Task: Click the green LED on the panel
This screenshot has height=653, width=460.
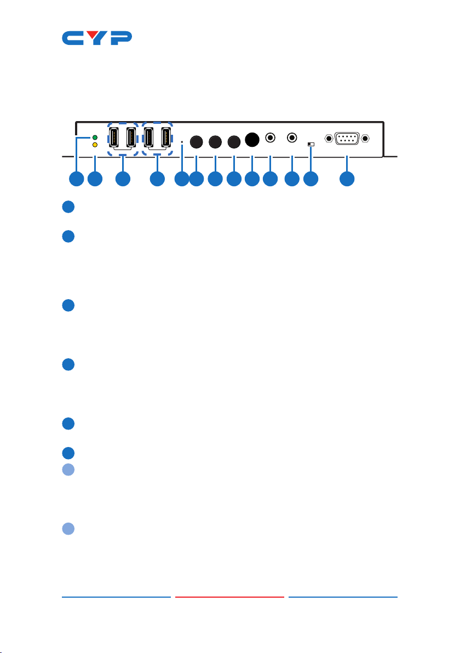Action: tap(95, 138)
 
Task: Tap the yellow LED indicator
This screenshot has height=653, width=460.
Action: tap(95, 145)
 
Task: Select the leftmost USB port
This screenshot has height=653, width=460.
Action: tap(114, 137)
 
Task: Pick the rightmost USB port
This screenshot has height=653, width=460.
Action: tap(166, 137)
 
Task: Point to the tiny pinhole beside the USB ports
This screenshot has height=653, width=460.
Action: tap(182, 142)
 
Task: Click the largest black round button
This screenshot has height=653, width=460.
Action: tap(252, 140)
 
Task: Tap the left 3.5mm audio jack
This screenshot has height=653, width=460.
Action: tap(271, 137)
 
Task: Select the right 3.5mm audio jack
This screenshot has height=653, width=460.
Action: tap(292, 137)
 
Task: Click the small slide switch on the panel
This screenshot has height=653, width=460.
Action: tap(311, 144)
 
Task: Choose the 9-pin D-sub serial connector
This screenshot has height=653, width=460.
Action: tap(347, 138)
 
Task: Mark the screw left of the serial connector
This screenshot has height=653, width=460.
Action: tap(329, 138)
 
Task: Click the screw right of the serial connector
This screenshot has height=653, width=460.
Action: tap(365, 138)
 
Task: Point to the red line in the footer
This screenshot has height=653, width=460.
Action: tap(229, 597)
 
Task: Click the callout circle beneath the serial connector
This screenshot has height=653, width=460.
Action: tap(347, 179)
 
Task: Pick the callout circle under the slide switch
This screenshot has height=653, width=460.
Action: tap(311, 179)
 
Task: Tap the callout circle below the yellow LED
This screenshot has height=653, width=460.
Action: tap(95, 179)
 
